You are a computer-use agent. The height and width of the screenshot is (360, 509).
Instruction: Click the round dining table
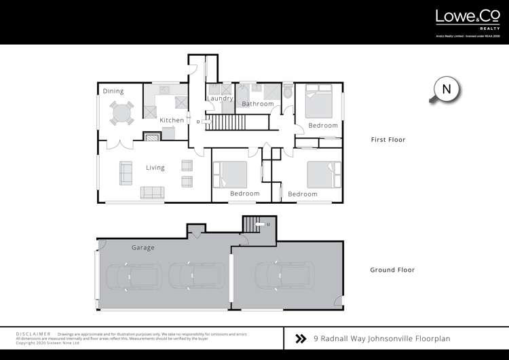point(122,113)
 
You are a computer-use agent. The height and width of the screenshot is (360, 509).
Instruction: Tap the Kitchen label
point(172,120)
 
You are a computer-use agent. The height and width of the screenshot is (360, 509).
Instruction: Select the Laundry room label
point(220,98)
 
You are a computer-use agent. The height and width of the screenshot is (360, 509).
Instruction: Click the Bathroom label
point(258,104)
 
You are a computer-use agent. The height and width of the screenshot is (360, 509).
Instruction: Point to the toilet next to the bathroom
point(287,92)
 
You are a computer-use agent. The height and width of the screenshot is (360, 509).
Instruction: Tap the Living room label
point(155,168)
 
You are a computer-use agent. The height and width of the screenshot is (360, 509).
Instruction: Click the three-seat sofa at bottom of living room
point(152,192)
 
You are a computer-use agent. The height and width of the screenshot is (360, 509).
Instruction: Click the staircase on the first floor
point(219,123)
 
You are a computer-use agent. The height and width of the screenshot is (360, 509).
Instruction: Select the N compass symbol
point(446,90)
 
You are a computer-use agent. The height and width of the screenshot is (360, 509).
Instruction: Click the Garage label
point(143,248)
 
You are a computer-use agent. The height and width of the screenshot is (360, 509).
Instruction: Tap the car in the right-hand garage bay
point(284,276)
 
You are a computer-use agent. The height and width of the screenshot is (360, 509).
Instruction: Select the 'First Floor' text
point(388,140)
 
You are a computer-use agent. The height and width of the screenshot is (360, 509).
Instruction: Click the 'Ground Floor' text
point(392,270)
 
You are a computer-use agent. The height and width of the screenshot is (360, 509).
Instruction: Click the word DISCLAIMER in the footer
point(33,334)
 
